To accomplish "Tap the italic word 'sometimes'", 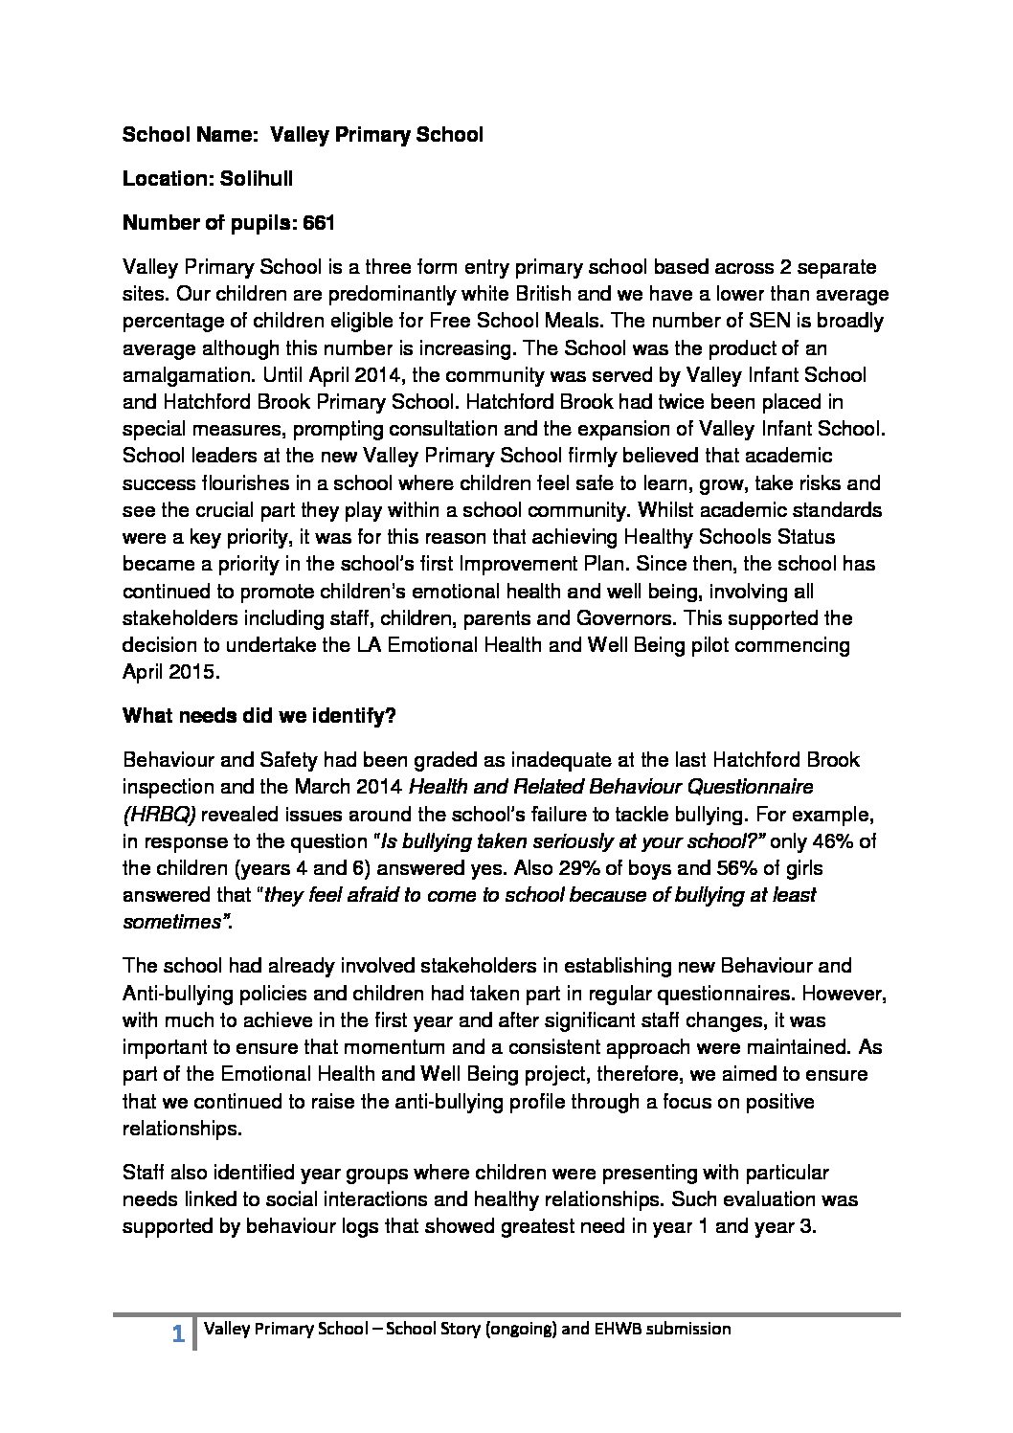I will (x=174, y=923).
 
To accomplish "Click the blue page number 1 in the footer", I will (x=177, y=1332).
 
